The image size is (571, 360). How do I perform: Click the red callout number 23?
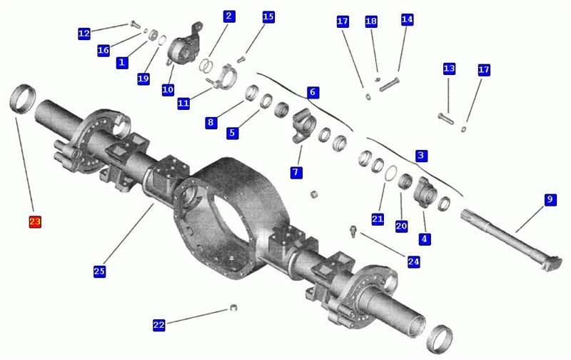[x=35, y=221]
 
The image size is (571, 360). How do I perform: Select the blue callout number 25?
[x=99, y=271]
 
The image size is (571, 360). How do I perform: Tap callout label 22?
[x=158, y=325]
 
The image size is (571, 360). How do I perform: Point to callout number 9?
[x=550, y=200]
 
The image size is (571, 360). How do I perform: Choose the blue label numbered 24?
[x=413, y=261]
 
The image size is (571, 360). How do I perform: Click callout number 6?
[x=313, y=92]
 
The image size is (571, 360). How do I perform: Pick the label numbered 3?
[x=421, y=156]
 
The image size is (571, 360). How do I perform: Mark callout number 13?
[x=449, y=69]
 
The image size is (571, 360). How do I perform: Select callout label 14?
[x=407, y=19]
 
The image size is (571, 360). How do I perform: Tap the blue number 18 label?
[x=371, y=21]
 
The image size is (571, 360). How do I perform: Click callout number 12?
[x=84, y=34]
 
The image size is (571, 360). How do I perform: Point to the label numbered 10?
[x=168, y=89]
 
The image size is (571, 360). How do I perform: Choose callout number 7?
[x=296, y=172]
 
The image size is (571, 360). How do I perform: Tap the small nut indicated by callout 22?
[x=233, y=308]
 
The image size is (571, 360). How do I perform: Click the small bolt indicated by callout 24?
[x=353, y=231]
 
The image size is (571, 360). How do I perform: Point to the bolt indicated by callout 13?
[x=445, y=119]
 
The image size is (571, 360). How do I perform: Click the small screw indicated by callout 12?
[x=135, y=24]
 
